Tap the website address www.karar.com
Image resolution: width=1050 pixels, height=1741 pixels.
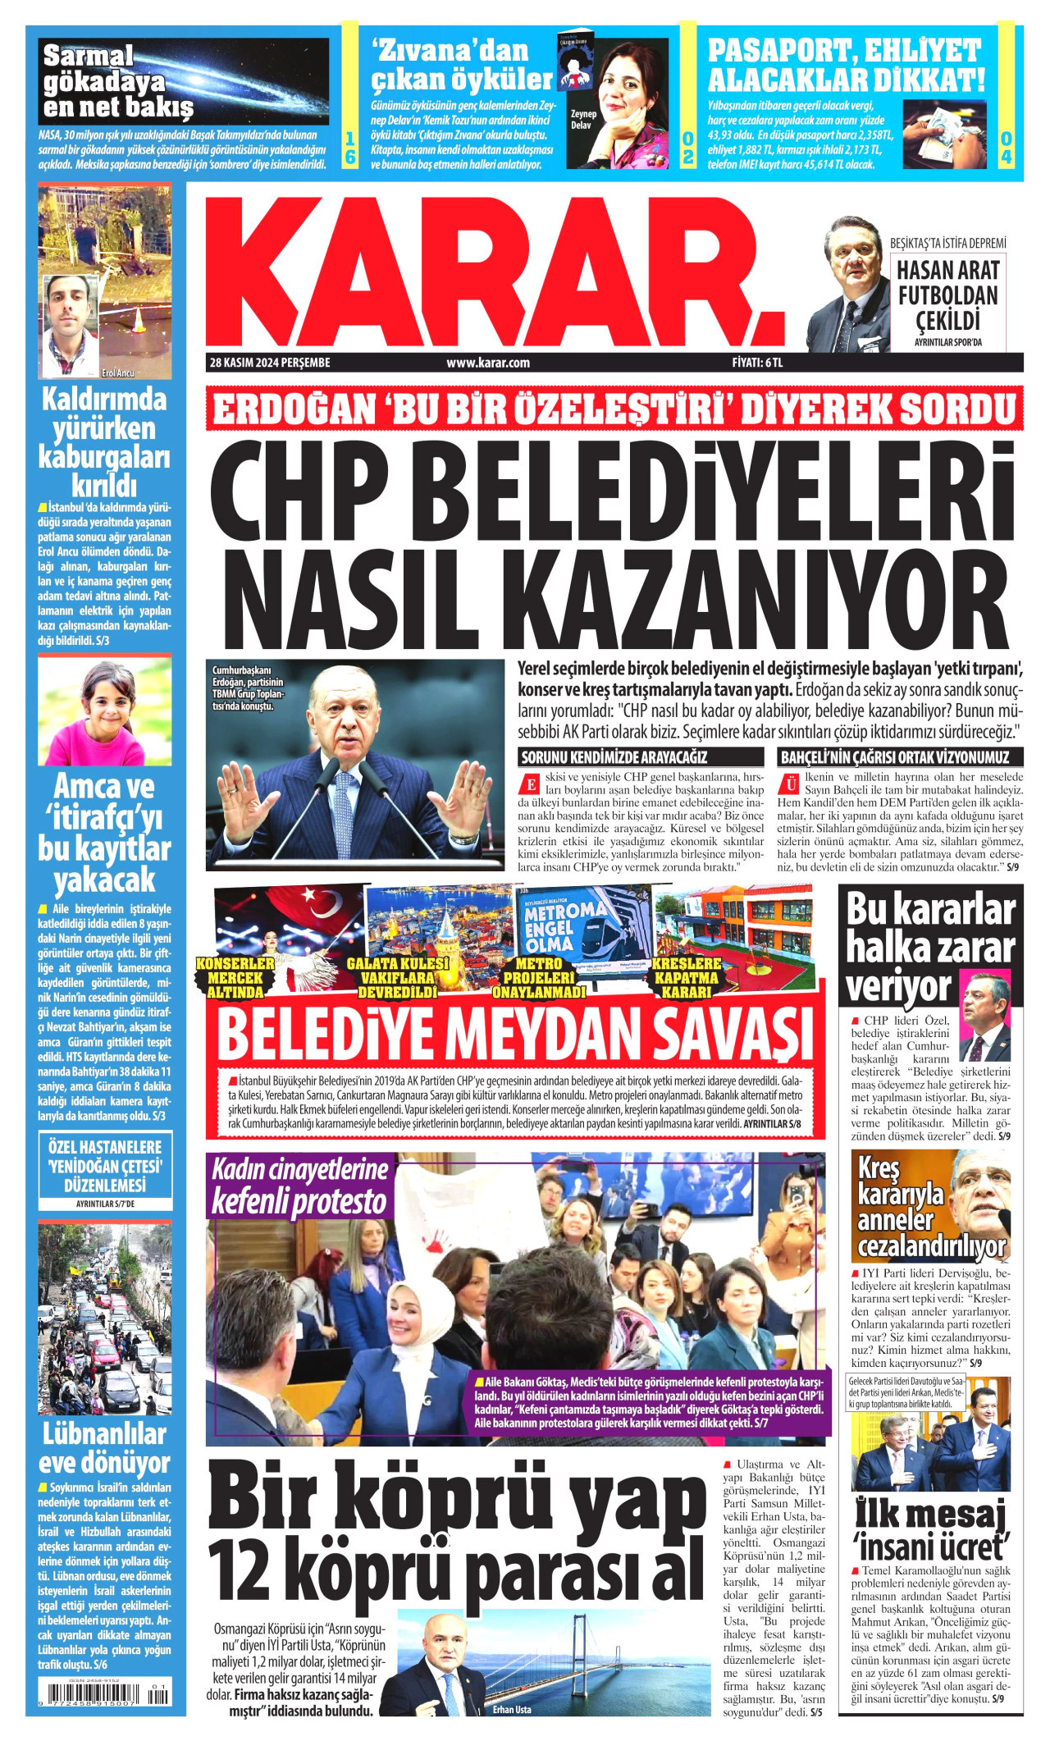[x=487, y=363]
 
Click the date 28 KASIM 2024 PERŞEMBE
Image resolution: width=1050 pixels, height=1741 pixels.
[x=270, y=363]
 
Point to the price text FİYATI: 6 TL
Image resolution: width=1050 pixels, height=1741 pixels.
[x=757, y=363]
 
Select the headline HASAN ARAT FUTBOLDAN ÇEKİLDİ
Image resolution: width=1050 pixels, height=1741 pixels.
[x=947, y=295]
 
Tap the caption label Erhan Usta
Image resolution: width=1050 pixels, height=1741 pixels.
[x=512, y=1710]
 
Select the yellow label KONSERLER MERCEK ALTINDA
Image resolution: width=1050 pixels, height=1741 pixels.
[x=235, y=977]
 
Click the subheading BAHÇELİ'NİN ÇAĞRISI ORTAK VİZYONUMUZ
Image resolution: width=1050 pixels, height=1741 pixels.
[x=894, y=757]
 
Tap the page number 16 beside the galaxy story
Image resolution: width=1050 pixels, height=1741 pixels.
[x=349, y=148]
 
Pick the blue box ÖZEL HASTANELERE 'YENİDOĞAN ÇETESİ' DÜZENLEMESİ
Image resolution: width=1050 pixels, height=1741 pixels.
[x=105, y=1166]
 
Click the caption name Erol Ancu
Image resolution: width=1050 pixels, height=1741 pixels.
[x=117, y=373]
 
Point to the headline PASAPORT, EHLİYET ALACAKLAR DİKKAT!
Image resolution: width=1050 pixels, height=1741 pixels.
[x=845, y=65]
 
